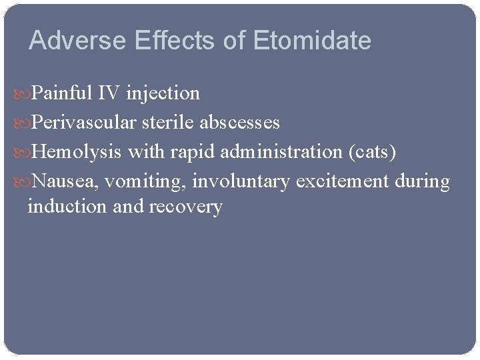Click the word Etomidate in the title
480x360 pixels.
coord(312,41)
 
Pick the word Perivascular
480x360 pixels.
coord(84,123)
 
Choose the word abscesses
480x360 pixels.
coord(239,123)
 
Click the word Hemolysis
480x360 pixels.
coord(77,152)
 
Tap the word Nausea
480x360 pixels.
coord(65,181)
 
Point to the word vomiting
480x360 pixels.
coord(146,181)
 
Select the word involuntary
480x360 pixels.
coord(241,181)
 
